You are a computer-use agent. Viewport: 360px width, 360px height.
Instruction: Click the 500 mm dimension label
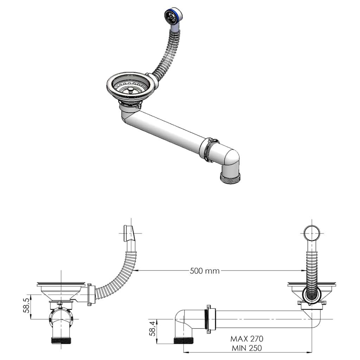tap(205, 271)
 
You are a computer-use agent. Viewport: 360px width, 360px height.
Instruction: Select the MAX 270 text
tap(247, 339)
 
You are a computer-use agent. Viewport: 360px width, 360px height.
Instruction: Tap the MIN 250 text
tap(246, 348)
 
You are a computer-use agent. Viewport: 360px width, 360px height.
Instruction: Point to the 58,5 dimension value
tap(26, 307)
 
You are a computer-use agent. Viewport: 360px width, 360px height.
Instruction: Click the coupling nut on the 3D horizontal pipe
tap(208, 150)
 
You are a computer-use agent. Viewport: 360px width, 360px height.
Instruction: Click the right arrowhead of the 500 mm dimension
tap(303, 271)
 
